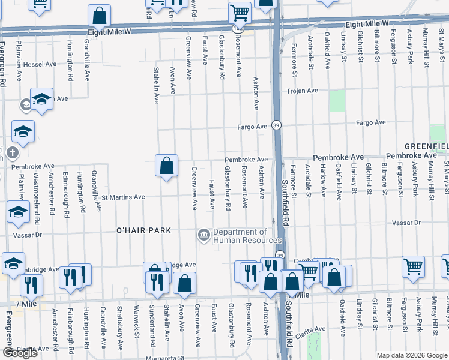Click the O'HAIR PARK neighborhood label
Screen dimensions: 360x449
143,230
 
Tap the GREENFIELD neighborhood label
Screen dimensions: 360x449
426,146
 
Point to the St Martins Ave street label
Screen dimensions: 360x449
123,196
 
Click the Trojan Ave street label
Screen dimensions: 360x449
302,91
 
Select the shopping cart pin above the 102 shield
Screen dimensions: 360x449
240,12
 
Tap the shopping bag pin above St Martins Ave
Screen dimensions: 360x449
166,165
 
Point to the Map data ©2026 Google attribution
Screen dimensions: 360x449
411,355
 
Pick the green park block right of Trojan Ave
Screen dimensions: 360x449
337,101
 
